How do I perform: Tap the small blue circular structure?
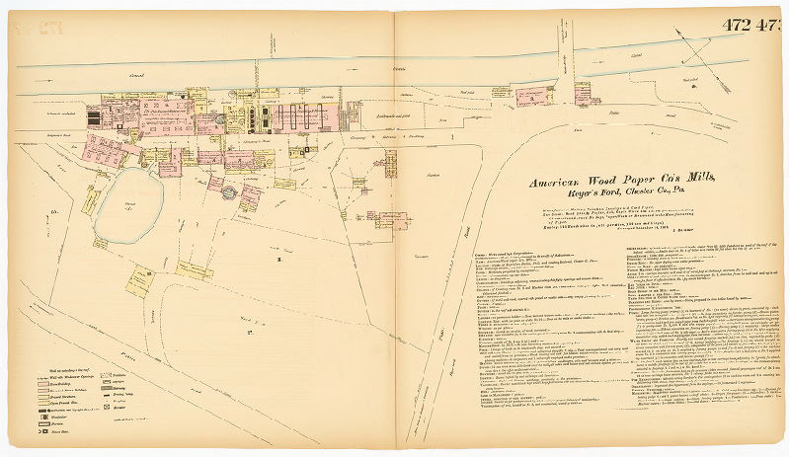point(229,191)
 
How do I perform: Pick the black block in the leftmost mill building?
point(94,117)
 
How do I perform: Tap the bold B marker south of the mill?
point(279,259)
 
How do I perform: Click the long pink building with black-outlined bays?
point(295,117)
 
